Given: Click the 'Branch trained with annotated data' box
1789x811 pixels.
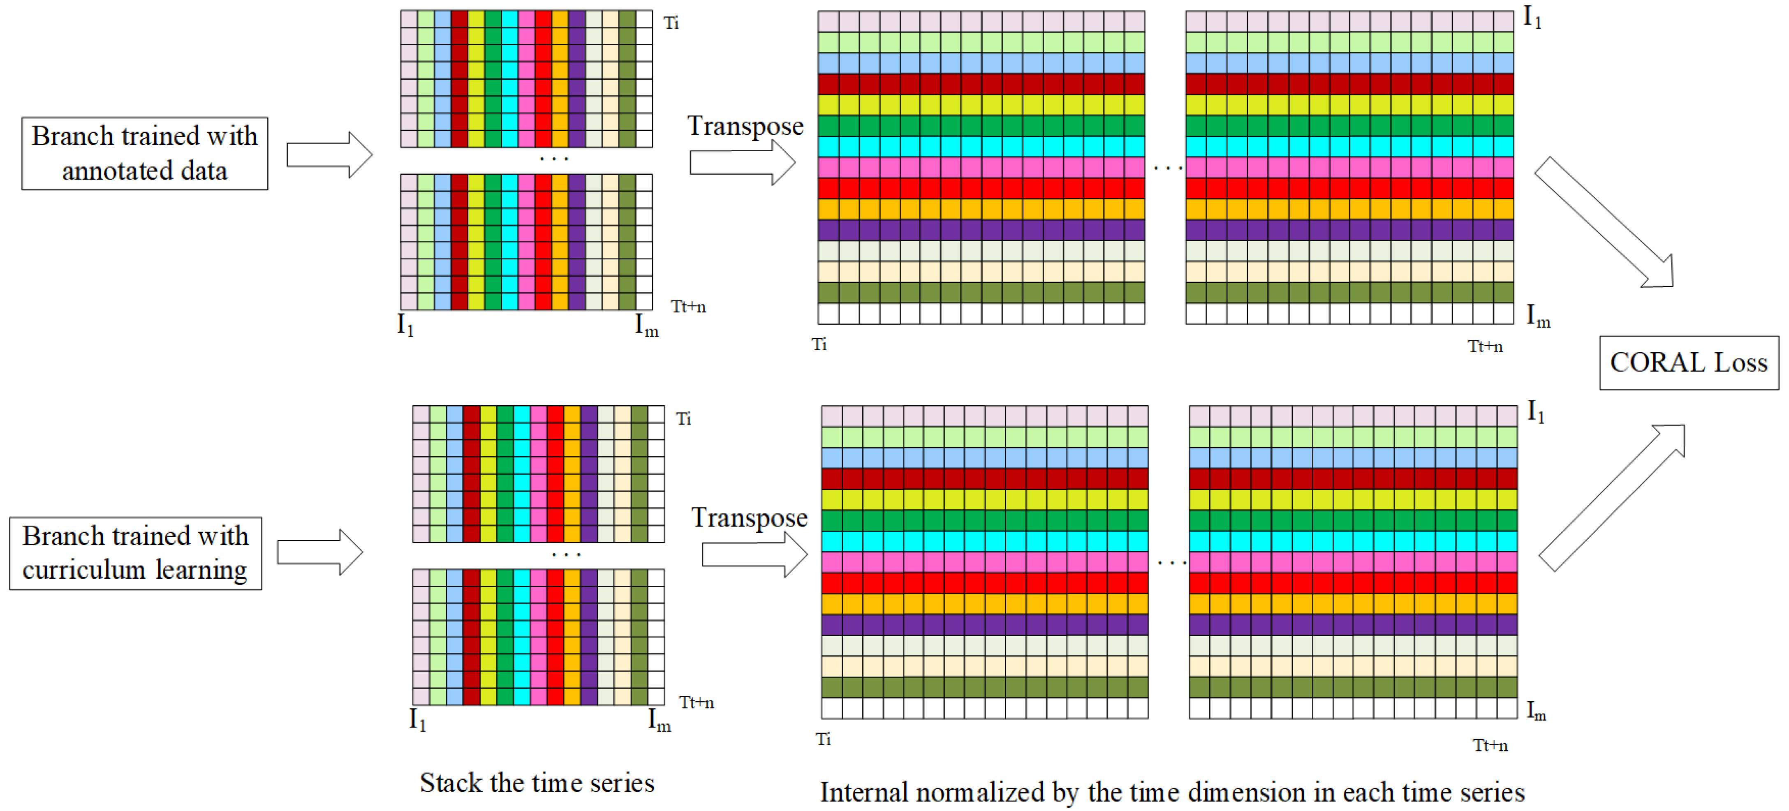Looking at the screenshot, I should [144, 153].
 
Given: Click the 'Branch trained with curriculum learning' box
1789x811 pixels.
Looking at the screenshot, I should [135, 553].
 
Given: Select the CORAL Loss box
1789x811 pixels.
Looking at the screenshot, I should [1688, 363].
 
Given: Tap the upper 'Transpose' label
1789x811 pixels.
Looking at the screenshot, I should [745, 126].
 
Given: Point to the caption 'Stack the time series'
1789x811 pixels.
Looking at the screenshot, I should [537, 783].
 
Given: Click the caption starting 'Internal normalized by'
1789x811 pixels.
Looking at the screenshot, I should [1171, 792].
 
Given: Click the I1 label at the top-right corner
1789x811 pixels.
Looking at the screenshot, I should [1532, 17].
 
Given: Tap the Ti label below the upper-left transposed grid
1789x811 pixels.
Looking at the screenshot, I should [819, 344].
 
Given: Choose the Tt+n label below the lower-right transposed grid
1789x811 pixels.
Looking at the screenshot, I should [1490, 746].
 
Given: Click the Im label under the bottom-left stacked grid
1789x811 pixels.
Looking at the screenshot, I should [659, 720].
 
